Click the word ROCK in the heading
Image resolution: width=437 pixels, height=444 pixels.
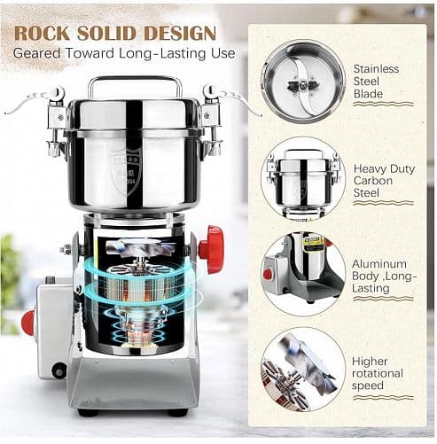43,33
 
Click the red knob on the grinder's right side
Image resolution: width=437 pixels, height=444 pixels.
211,249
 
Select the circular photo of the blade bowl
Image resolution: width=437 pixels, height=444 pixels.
303,82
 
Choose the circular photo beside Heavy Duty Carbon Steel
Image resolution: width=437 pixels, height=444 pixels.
303,179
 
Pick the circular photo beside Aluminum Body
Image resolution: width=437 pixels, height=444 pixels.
303,274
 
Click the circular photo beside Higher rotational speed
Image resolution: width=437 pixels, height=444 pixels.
303,370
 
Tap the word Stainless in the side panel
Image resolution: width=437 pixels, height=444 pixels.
376,69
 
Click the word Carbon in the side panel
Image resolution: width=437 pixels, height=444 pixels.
373,181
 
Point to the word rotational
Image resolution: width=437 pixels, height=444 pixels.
378,373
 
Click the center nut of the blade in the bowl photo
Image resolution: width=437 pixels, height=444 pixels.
303,86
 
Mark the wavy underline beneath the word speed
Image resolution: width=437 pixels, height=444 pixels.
383,398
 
